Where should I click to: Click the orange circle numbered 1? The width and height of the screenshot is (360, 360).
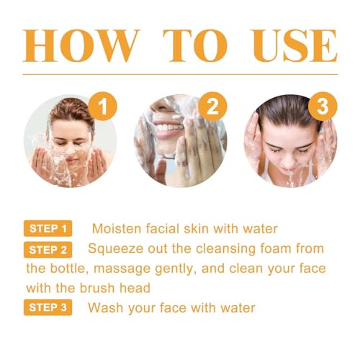pyautogui.click(x=104, y=108)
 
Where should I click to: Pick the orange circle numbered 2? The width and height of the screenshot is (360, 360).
pyautogui.click(x=210, y=108)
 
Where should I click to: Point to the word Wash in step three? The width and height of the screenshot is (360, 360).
pyautogui.click(x=104, y=308)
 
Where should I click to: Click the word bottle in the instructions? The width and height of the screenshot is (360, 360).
pyautogui.click(x=76, y=269)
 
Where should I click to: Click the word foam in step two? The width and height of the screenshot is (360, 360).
pyautogui.click(x=297, y=248)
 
